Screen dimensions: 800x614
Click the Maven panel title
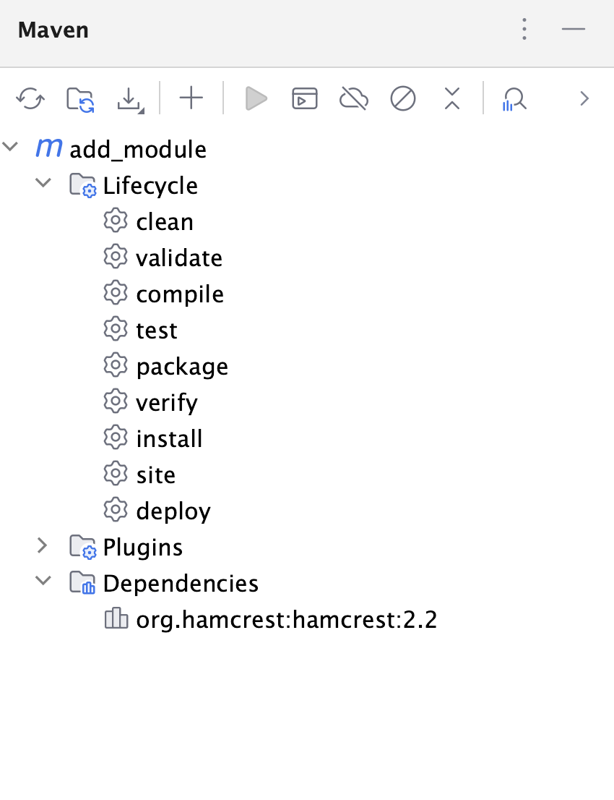[53, 30]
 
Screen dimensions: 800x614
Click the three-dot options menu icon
[525, 30]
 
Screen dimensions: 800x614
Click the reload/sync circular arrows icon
[30, 98]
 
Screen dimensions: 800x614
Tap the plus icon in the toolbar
[191, 98]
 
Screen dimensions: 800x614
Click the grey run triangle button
[256, 98]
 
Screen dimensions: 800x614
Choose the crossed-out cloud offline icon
[354, 98]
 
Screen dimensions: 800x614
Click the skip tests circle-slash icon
[403, 98]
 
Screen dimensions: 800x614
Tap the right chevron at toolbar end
[585, 98]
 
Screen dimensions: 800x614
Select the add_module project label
[138, 150]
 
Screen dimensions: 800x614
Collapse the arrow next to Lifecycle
[43, 184]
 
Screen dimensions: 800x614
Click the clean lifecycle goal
[165, 222]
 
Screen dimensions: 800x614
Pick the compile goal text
[180, 294]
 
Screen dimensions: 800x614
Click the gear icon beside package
[115, 366]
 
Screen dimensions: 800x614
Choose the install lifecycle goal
[169, 439]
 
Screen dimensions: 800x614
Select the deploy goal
[173, 511]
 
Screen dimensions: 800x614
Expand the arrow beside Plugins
[43, 546]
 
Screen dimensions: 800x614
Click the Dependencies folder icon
[82, 583]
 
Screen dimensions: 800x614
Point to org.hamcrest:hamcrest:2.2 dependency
[286, 620]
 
